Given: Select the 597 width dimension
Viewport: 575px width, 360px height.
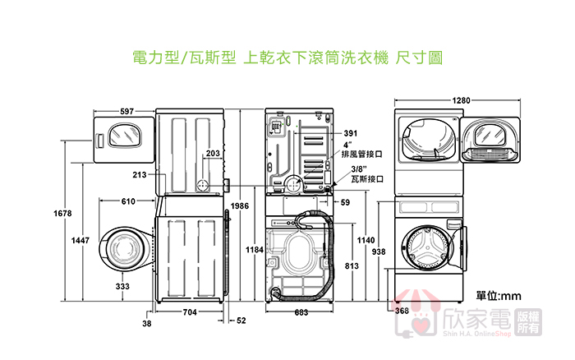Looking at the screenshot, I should pyautogui.click(x=126, y=110).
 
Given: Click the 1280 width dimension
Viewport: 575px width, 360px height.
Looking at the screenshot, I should pyautogui.click(x=461, y=100).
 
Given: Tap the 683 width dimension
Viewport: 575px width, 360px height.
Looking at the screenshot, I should pyautogui.click(x=301, y=312).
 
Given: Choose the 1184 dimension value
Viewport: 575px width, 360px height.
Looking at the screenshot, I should pyautogui.click(x=255, y=248).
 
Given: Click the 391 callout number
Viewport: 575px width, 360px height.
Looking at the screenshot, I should pyautogui.click(x=351, y=133).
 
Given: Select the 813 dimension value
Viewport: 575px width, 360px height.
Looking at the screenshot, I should pyautogui.click(x=351, y=265).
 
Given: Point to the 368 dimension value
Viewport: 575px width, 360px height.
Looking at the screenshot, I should pyautogui.click(x=402, y=311).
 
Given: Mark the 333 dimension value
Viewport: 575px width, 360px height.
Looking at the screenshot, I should pyautogui.click(x=122, y=286).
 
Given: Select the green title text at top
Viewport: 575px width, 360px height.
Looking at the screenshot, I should pyautogui.click(x=287, y=58).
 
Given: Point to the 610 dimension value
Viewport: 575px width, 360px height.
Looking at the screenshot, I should pyautogui.click(x=128, y=201).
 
